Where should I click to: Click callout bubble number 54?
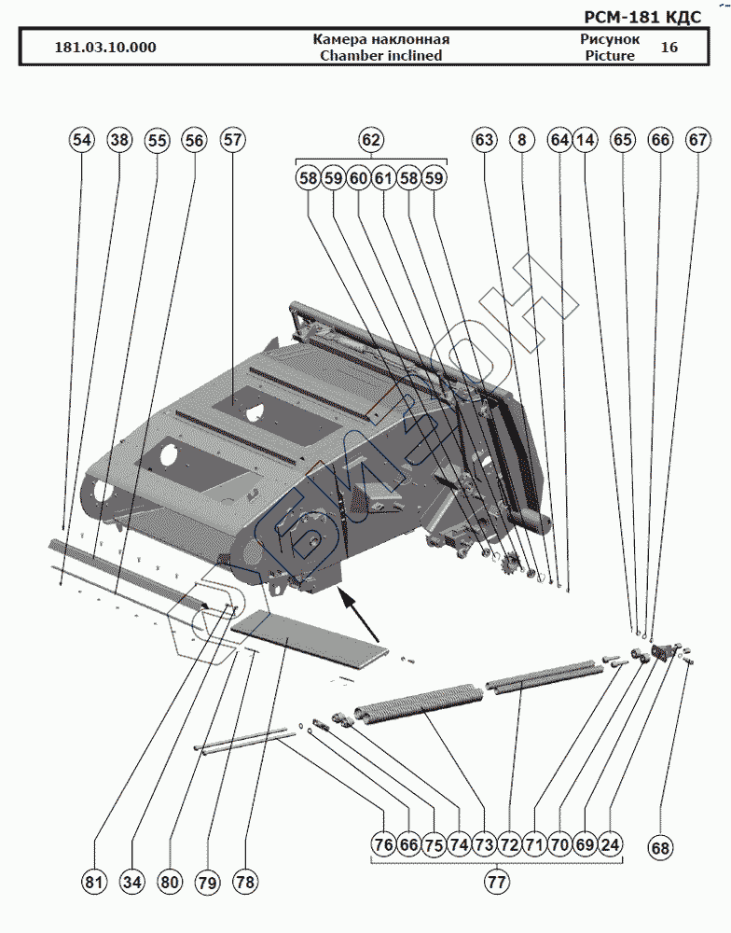pyautogui.click(x=82, y=140)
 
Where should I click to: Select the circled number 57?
pyautogui.click(x=232, y=140)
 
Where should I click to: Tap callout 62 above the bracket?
pyautogui.click(x=371, y=140)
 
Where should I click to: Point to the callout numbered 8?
pyautogui.click(x=521, y=140)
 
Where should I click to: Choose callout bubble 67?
pyautogui.click(x=697, y=140)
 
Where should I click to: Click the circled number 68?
pyautogui.click(x=660, y=848)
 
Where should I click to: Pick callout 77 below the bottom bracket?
pyautogui.click(x=497, y=880)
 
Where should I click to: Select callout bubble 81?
pyautogui.click(x=94, y=881)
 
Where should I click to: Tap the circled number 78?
pyautogui.click(x=245, y=881)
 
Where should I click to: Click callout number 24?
pyautogui.click(x=610, y=844)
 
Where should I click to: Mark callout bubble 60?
pyautogui.click(x=359, y=177)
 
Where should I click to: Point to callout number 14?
pyautogui.click(x=585, y=140)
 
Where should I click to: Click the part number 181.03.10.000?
pyautogui.click(x=105, y=48)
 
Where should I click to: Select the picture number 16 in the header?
pyautogui.click(x=669, y=47)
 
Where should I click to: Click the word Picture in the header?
pyautogui.click(x=610, y=55)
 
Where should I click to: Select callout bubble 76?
pyautogui.click(x=382, y=844)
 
